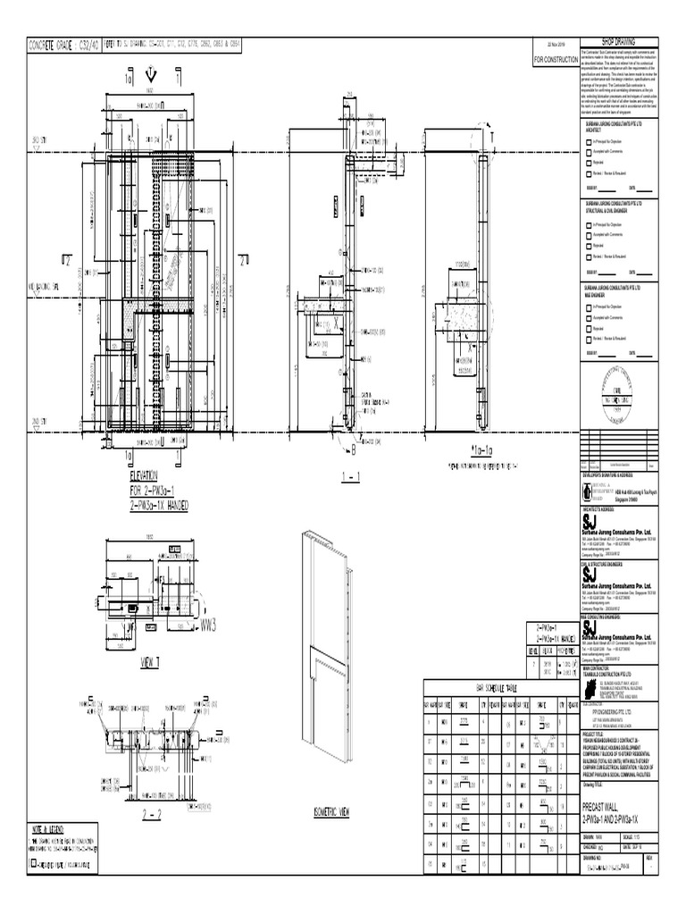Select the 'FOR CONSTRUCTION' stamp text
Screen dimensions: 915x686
pos(556,60)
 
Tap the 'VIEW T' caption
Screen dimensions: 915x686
pos(148,662)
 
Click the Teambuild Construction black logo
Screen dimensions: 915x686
pos(590,691)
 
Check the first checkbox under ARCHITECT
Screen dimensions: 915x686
pos(588,142)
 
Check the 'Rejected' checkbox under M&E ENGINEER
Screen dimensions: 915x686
pos(588,329)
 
